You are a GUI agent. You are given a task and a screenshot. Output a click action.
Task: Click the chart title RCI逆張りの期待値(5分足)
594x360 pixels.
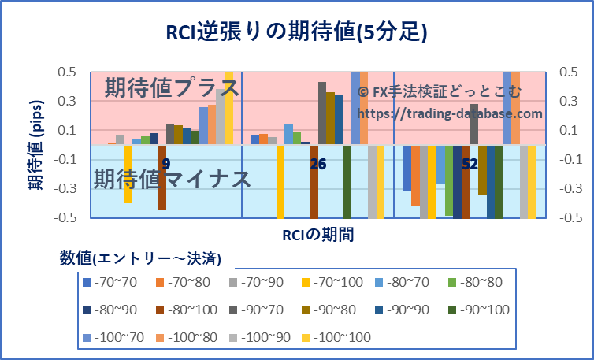click(x=296, y=31)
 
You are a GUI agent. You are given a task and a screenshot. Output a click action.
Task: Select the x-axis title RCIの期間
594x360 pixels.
click(x=317, y=234)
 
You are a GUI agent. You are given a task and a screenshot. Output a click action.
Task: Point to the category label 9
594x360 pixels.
click(x=165, y=164)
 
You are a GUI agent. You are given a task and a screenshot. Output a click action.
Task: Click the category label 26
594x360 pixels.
click(x=318, y=164)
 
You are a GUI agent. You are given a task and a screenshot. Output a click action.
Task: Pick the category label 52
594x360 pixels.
click(x=470, y=164)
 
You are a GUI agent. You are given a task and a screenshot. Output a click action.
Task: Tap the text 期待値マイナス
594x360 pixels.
click(x=173, y=179)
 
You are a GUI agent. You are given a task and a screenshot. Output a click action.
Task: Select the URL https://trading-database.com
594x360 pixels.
click(x=450, y=113)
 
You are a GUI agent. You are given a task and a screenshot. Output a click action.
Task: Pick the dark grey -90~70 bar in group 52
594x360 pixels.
click(x=473, y=124)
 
